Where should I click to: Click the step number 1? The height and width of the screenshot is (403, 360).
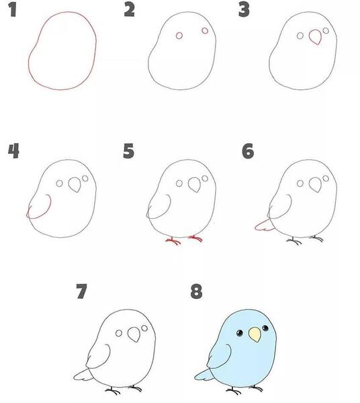coord(13,10)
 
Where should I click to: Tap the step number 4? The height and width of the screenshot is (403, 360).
coord(13,151)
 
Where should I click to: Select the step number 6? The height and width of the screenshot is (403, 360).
coord(248,151)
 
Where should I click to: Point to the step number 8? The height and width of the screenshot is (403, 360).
coord(196,292)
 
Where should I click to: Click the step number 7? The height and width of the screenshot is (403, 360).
coord(82,292)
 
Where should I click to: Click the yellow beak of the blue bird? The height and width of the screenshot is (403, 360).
coord(255,334)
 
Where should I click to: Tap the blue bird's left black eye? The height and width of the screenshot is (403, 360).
coord(240,333)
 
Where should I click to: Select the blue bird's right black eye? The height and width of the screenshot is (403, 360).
coord(265,328)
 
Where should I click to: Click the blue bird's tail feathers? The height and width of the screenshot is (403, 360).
coord(204,375)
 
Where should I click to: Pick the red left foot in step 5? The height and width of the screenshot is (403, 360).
coord(173,241)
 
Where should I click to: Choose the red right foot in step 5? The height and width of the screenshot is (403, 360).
coord(196,238)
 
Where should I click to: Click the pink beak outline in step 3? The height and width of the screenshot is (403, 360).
coord(315,37)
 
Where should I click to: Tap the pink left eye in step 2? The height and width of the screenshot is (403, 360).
coord(179,36)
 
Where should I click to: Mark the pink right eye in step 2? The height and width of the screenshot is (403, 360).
coord(205,31)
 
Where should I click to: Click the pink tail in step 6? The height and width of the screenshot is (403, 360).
coord(264,226)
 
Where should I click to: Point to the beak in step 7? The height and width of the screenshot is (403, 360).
coord(134,334)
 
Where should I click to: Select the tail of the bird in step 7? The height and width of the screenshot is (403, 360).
coord(83,375)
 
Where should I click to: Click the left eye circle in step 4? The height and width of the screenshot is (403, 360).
coord(59,183)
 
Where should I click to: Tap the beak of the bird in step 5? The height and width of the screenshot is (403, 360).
coord(195,185)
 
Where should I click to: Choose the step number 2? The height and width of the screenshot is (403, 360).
coord(129,10)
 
